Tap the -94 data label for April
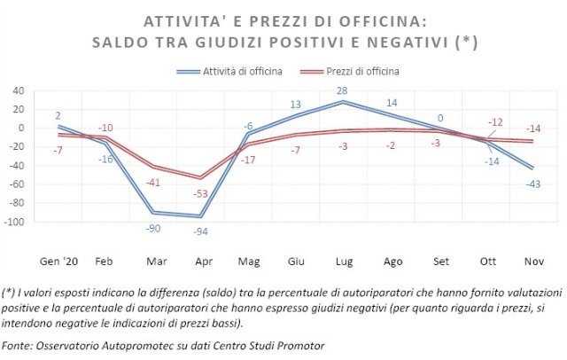(x=202, y=231)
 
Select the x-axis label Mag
(x=249, y=262)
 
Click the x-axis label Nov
(x=533, y=262)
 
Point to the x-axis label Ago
(x=391, y=262)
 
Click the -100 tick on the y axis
(x=15, y=222)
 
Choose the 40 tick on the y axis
(x=19, y=90)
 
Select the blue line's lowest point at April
(x=202, y=216)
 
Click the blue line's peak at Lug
(x=344, y=102)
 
